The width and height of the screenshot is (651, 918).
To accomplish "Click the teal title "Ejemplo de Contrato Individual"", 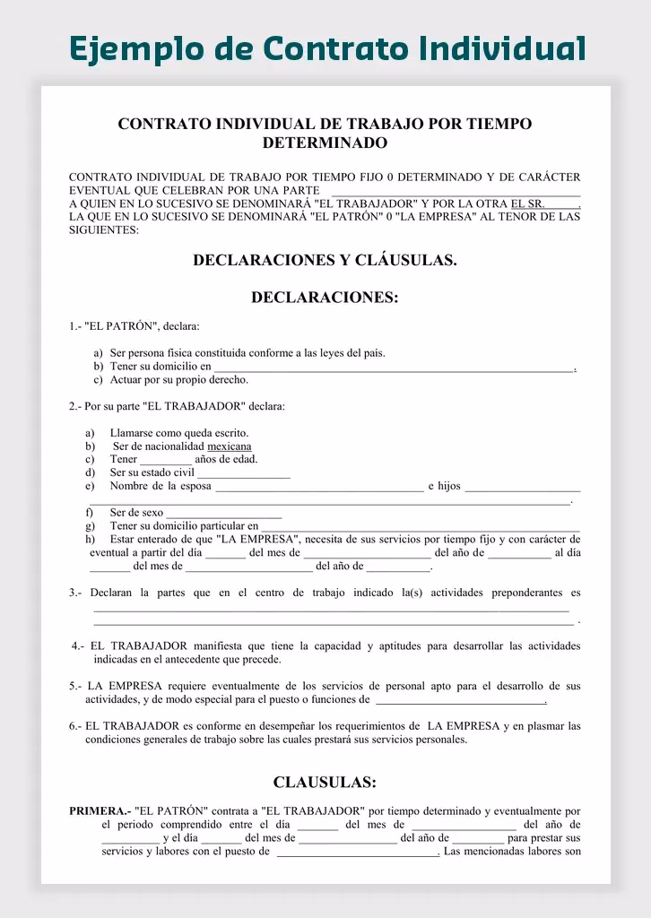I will point(327,48).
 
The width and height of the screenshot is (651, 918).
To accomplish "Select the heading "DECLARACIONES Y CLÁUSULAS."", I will point(325,261).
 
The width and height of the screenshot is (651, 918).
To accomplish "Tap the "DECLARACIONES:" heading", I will point(325,298).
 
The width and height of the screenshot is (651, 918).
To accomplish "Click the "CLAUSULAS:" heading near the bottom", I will point(325,783).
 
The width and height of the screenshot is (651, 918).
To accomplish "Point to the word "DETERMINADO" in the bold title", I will point(325,143).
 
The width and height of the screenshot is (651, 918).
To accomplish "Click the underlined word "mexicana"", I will point(230,446).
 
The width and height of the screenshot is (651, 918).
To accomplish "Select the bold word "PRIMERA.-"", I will point(100,811).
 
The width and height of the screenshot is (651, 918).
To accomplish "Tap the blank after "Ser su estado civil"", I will point(243,473).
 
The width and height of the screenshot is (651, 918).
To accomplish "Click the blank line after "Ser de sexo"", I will point(224,514).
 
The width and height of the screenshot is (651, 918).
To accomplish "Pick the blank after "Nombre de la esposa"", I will point(319,488).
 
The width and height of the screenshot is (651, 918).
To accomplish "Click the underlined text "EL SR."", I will point(528,204).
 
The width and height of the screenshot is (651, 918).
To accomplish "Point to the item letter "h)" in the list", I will point(91,540).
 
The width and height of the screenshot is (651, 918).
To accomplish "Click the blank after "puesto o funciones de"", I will point(460,701).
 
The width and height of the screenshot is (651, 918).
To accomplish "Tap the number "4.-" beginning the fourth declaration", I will point(78,646).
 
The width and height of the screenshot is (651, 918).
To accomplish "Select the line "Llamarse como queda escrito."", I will point(179,434).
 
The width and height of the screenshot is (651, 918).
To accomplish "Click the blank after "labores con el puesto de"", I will point(357,853).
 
